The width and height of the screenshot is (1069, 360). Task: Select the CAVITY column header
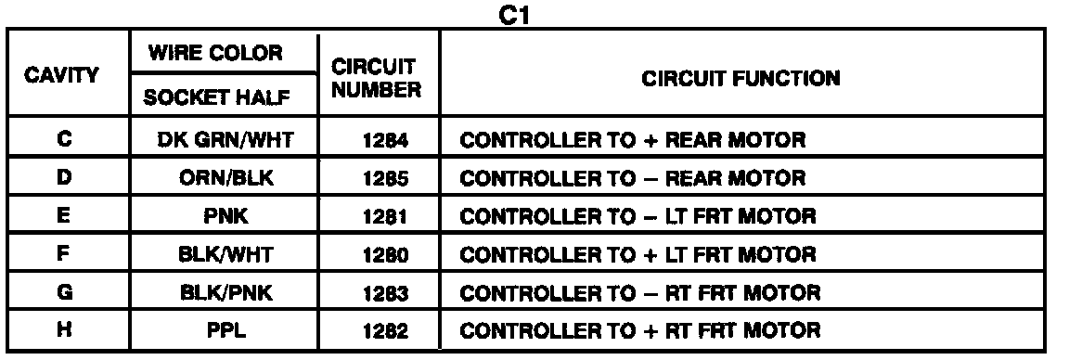(62, 74)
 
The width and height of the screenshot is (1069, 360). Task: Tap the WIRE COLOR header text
(215, 53)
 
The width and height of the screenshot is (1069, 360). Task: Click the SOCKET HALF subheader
(216, 97)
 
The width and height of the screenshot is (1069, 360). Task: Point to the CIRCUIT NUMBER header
(377, 79)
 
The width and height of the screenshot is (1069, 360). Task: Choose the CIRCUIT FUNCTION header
(741, 79)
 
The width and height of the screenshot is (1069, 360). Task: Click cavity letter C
(64, 140)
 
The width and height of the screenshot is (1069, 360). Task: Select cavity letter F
(64, 254)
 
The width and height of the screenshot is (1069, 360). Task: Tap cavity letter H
(64, 330)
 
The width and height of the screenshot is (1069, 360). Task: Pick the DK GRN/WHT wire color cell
(225, 140)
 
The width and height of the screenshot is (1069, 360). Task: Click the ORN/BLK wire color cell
(225, 178)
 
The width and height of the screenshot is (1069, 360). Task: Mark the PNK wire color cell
(225, 217)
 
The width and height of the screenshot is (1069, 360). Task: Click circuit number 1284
(386, 140)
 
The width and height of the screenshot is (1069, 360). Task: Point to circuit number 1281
(386, 217)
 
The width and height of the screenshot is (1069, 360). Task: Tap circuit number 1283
(386, 293)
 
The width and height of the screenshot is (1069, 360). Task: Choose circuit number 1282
(386, 331)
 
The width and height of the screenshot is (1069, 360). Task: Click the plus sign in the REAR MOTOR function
(649, 140)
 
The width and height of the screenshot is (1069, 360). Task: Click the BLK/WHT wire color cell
(225, 255)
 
